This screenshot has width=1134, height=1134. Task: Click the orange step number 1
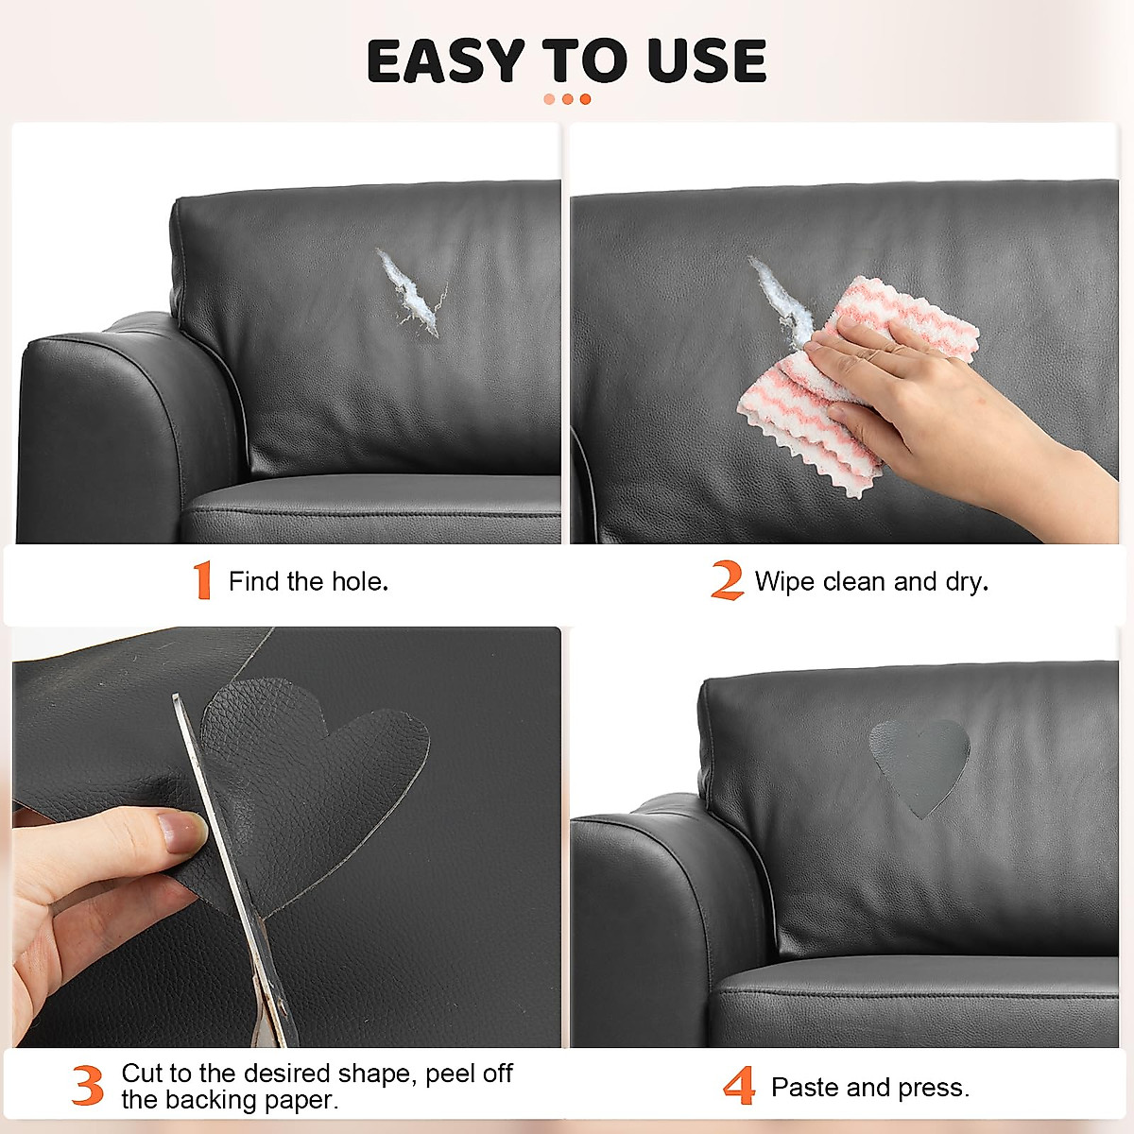click(x=201, y=580)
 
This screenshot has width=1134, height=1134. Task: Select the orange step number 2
click(x=727, y=580)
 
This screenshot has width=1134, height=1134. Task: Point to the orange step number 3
click(x=88, y=1086)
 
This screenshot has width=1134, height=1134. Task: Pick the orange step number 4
click(x=739, y=1087)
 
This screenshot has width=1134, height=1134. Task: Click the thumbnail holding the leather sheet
click(x=183, y=832)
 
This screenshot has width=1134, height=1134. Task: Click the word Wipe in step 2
click(x=784, y=581)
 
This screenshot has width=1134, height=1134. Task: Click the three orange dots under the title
click(x=567, y=99)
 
